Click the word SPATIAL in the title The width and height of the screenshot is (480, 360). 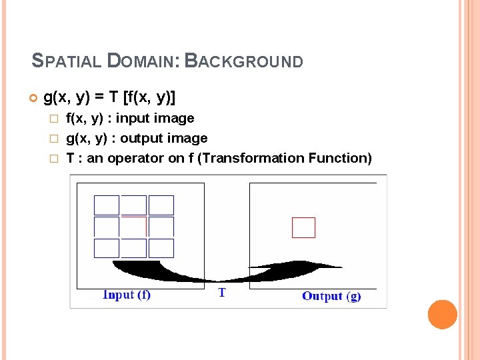65,62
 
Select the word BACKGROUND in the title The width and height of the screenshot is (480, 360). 243,62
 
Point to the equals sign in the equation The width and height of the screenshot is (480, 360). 98,98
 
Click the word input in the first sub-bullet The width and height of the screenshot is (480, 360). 133,119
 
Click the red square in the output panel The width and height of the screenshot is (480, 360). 303,227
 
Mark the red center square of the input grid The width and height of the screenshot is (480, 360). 134,227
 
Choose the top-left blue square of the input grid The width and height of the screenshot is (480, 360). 107,205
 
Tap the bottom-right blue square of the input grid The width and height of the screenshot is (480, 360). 161,248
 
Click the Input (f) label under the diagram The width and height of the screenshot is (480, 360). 127,295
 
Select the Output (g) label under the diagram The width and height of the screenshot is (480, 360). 331,296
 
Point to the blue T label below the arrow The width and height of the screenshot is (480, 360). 222,293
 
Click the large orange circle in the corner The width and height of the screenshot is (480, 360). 442,314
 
